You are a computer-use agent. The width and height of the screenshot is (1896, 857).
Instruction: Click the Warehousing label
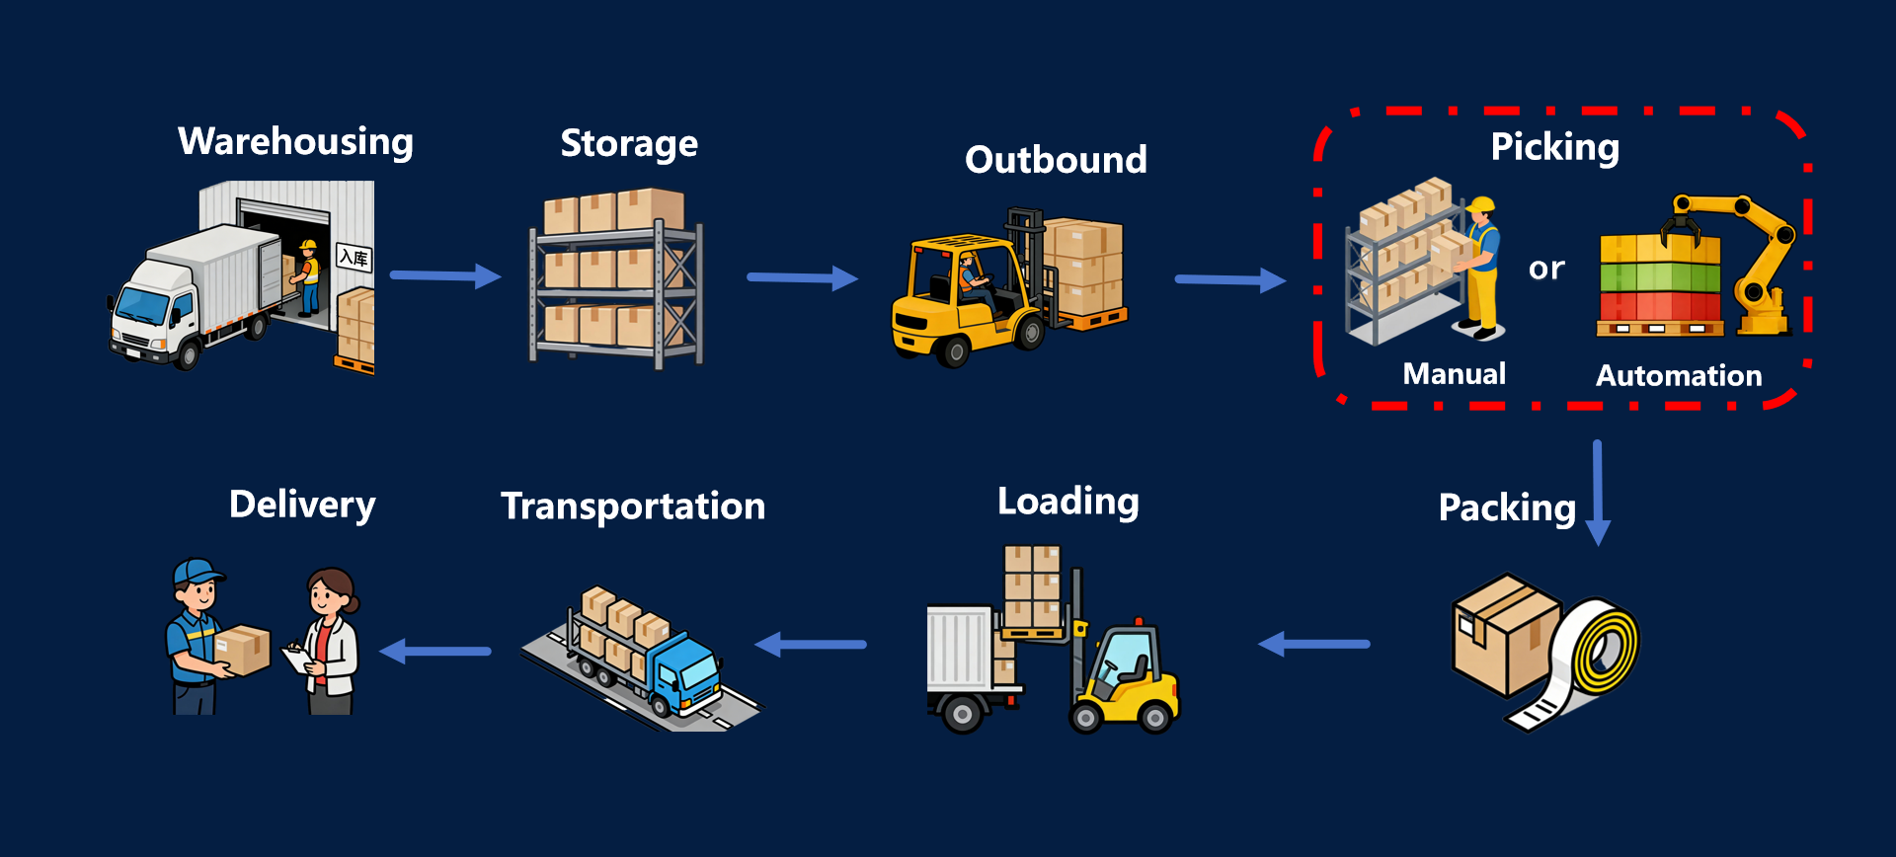tap(295, 141)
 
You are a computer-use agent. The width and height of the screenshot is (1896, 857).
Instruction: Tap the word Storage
tap(629, 144)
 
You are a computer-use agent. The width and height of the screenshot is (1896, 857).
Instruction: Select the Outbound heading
tap(1056, 160)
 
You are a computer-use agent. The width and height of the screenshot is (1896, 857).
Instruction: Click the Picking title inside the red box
tap(1554, 147)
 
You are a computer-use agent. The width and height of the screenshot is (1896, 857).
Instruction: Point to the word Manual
tap(1454, 374)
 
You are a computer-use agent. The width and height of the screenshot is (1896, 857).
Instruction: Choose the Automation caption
tap(1679, 376)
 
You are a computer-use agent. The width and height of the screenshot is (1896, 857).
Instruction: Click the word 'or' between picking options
tap(1546, 269)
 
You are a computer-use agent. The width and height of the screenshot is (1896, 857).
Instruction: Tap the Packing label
tap(1506, 507)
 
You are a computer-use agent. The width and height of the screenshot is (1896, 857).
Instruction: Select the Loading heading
tap(1067, 502)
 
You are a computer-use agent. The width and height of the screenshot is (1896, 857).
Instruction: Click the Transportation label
tap(633, 506)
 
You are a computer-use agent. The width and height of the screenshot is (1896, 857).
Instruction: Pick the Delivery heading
tap(302, 505)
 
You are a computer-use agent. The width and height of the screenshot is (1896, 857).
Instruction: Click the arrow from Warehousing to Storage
tap(445, 275)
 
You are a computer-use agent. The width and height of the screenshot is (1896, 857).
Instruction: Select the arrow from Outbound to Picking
tap(1229, 280)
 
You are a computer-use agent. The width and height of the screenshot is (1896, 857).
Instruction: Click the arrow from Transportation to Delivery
tap(435, 651)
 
